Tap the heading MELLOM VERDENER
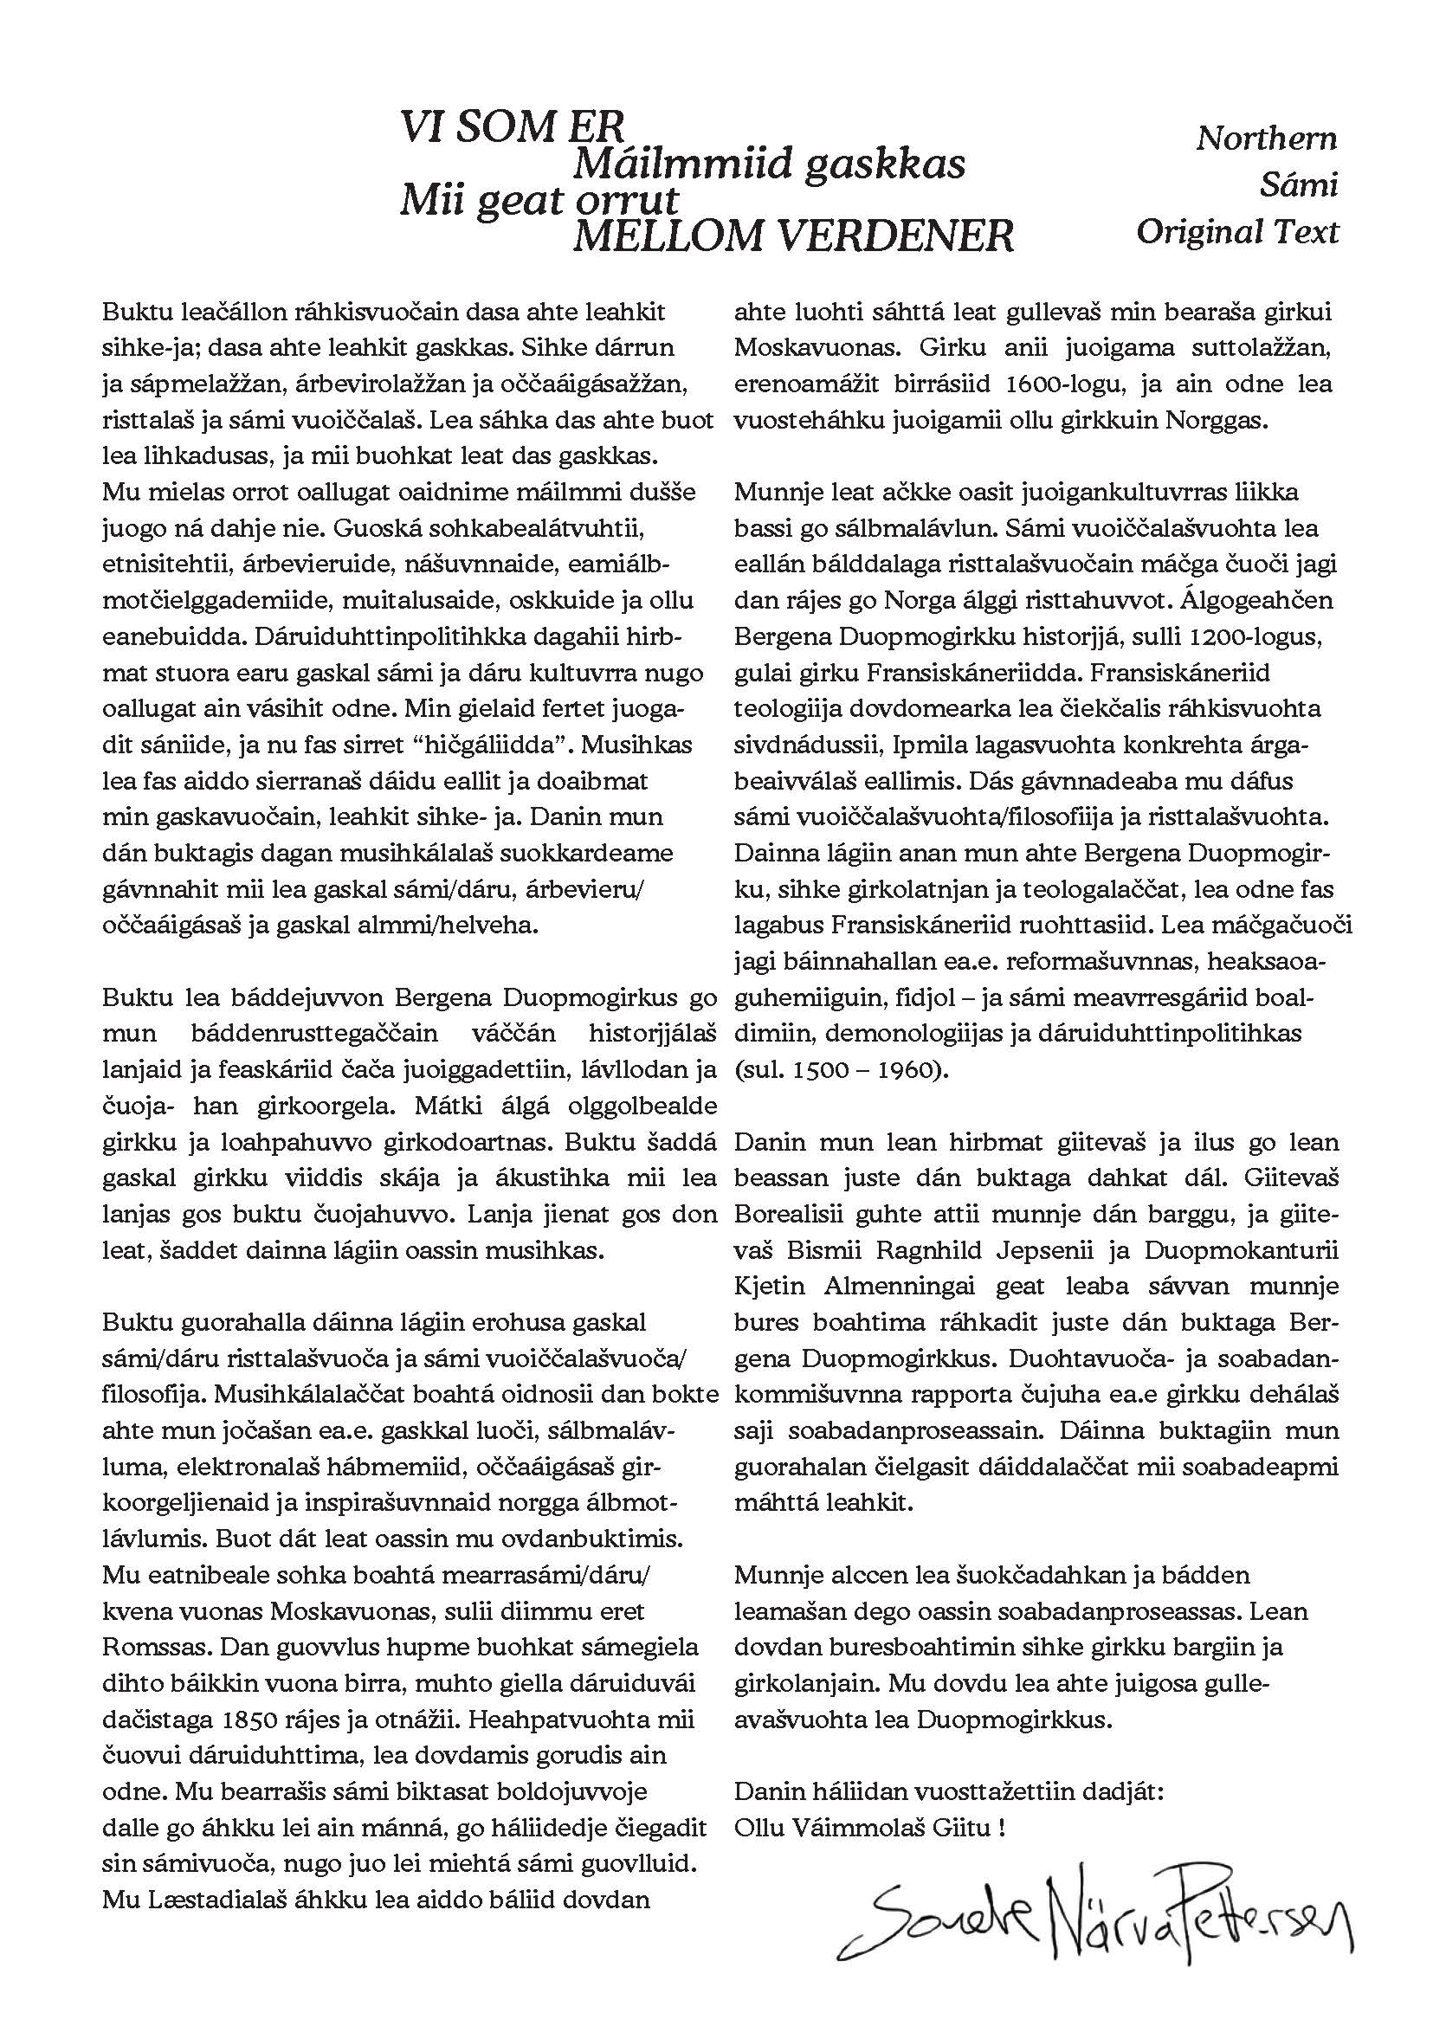[x=793, y=236]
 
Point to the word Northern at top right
[x=1266, y=138]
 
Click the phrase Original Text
[x=1237, y=231]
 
